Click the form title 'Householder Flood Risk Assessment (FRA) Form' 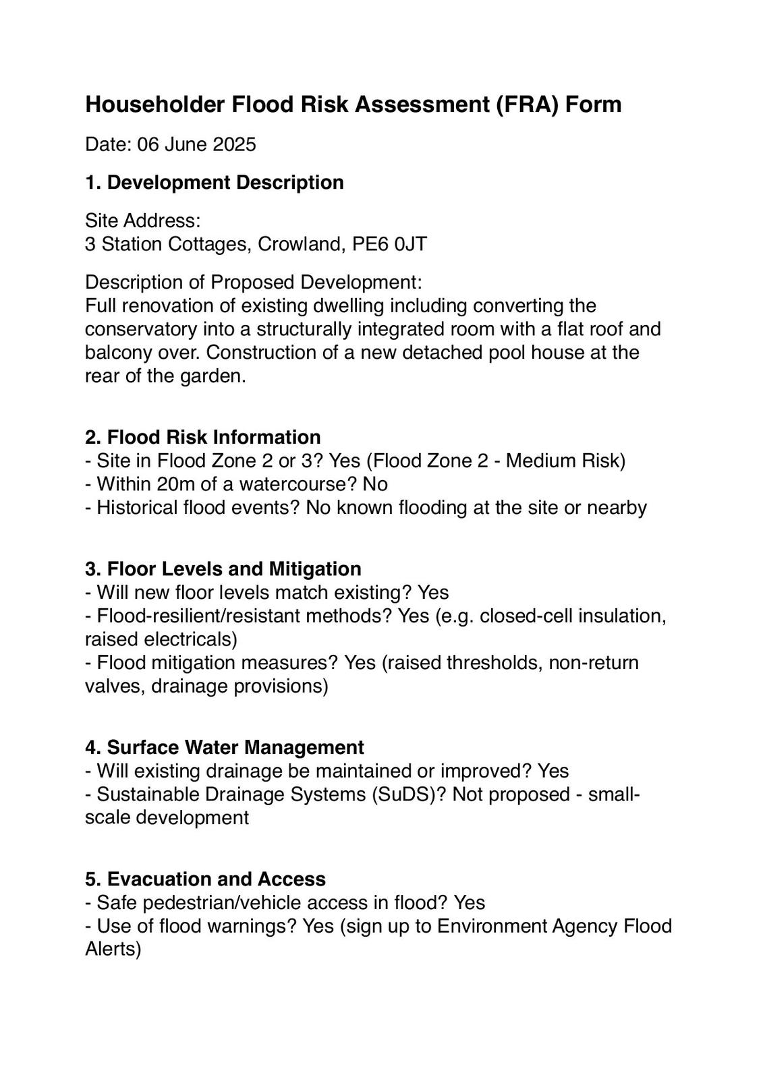tap(353, 105)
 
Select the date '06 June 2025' tap(196, 144)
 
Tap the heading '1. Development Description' tap(215, 182)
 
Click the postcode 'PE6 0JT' tap(389, 243)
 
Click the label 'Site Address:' tap(143, 221)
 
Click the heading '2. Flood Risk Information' tap(203, 437)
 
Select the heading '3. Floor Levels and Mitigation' tap(223, 568)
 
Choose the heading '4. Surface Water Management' tap(225, 747)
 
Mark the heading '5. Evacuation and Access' tap(206, 879)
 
